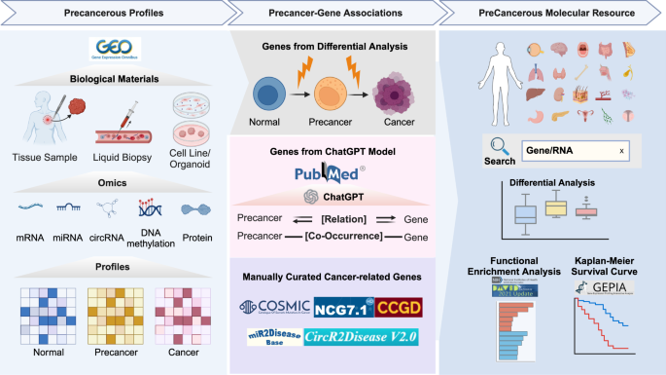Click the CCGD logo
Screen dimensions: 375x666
click(x=400, y=309)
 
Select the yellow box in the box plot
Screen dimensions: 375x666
click(x=556, y=206)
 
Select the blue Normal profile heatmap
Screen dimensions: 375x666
click(x=42, y=316)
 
